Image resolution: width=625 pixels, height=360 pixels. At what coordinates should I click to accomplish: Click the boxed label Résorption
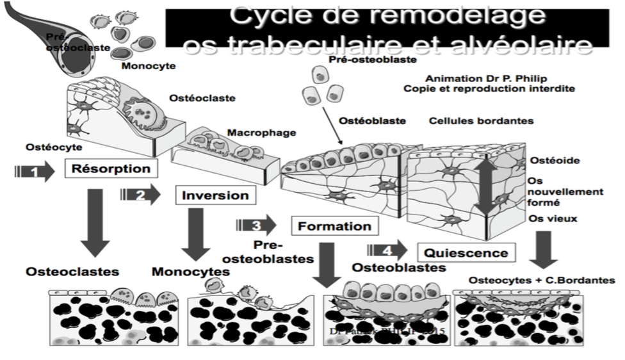[x=111, y=170]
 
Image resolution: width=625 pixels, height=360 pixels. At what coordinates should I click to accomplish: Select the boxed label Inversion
[x=211, y=195]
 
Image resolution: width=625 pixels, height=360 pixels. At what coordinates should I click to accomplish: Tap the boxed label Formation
[x=334, y=225]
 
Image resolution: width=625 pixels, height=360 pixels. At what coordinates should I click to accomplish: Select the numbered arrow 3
[x=256, y=225]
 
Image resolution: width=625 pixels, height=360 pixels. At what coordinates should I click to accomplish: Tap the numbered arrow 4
[x=387, y=250]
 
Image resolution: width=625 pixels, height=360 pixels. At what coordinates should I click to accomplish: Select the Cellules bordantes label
[x=481, y=120]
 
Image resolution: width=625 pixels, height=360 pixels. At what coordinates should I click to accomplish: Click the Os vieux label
[x=553, y=218]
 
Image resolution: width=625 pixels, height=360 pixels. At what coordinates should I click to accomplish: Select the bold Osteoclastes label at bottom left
[x=72, y=272]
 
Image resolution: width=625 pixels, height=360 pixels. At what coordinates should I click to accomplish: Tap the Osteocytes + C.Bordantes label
[x=542, y=281]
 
